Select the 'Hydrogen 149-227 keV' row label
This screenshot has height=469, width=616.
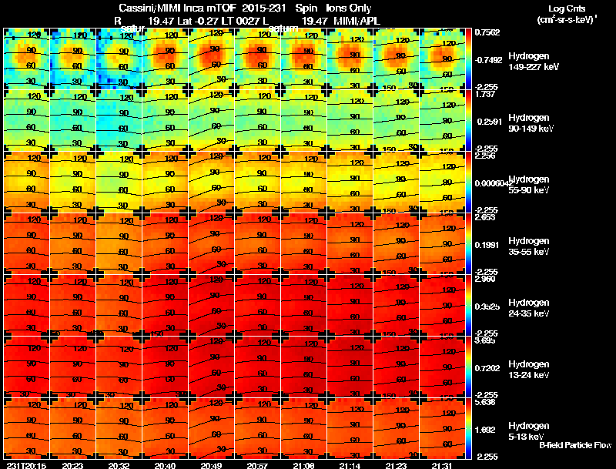[529, 62]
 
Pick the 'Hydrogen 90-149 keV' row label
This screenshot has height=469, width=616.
[529, 123]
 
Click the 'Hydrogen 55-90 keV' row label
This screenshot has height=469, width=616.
[529, 183]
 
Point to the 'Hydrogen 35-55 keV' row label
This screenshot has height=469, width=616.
[529, 246]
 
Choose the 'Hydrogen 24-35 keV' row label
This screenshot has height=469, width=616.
[529, 308]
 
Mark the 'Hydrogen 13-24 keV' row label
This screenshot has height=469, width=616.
[529, 369]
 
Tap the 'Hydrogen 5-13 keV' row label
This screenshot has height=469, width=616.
[529, 430]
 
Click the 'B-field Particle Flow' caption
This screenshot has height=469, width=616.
[575, 445]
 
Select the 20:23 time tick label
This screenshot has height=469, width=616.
[73, 465]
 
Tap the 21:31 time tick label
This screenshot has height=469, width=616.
[443, 465]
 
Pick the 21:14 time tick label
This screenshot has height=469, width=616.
[351, 465]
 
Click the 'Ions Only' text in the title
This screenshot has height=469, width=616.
[353, 8]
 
